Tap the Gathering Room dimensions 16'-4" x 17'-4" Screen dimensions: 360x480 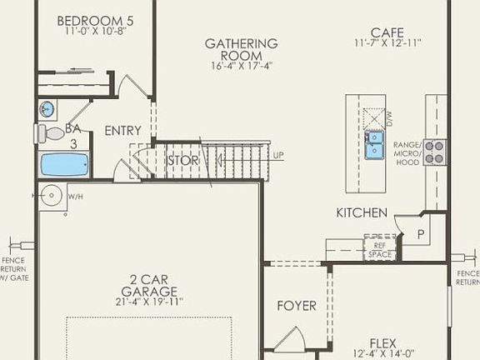pyautogui.click(x=241, y=65)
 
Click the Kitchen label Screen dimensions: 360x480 pyautogui.click(x=362, y=213)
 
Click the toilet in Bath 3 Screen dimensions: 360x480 pyautogui.click(x=52, y=132)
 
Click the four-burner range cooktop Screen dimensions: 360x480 pyautogui.click(x=434, y=152)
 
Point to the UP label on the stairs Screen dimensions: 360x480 pyautogui.click(x=278, y=155)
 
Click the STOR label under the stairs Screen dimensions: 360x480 pyautogui.click(x=182, y=160)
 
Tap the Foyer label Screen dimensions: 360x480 pyautogui.click(x=297, y=306)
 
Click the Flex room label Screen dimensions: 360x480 pyautogui.click(x=383, y=342)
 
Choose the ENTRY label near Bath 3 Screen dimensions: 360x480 pyautogui.click(x=122, y=131)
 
